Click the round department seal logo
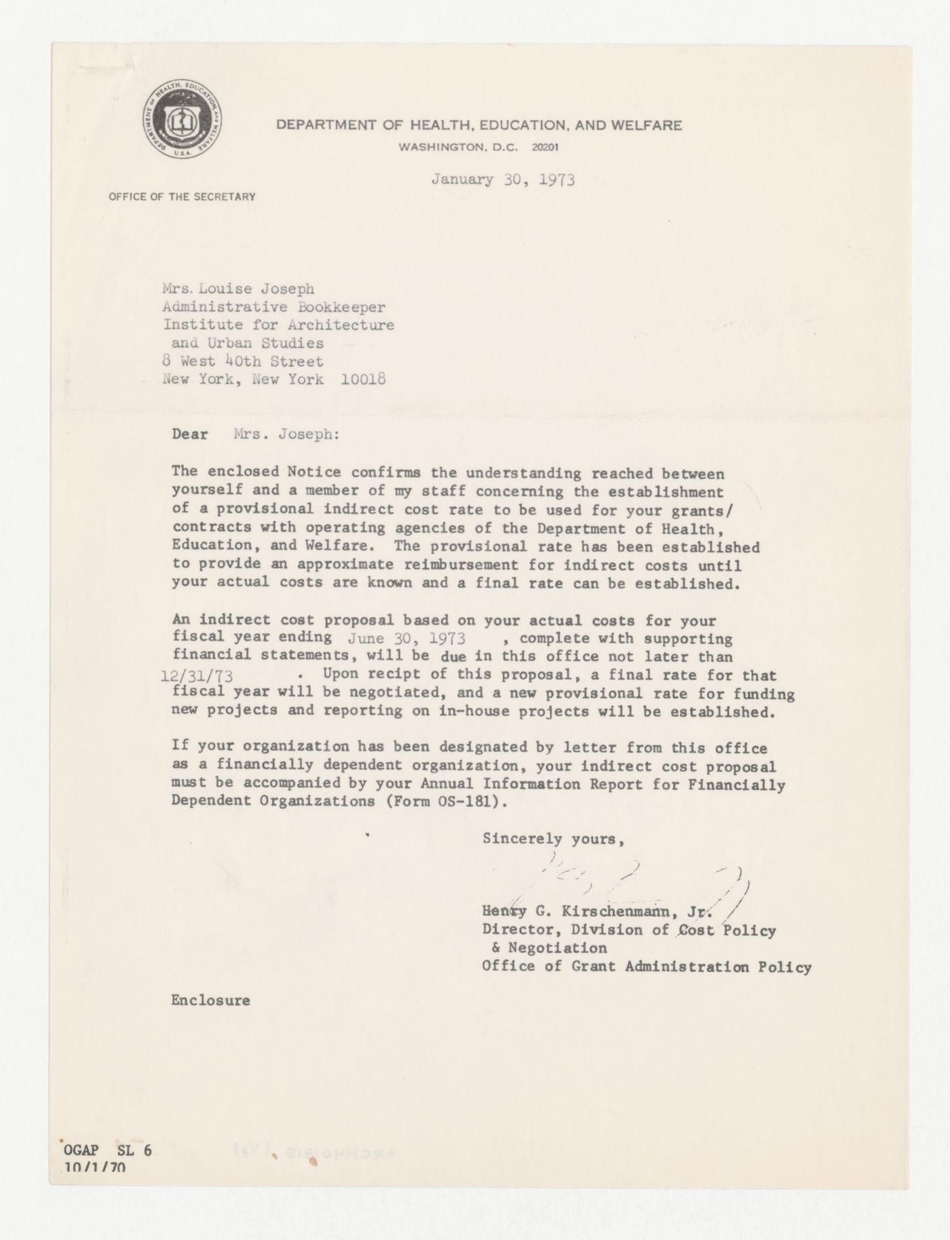point(182,125)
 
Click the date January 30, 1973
point(503,180)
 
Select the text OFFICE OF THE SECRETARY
point(182,197)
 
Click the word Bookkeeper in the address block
point(347,307)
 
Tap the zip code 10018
point(363,379)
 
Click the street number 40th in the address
point(248,361)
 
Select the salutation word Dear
point(189,434)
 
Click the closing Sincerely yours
point(552,839)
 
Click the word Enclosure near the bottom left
point(210,1000)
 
